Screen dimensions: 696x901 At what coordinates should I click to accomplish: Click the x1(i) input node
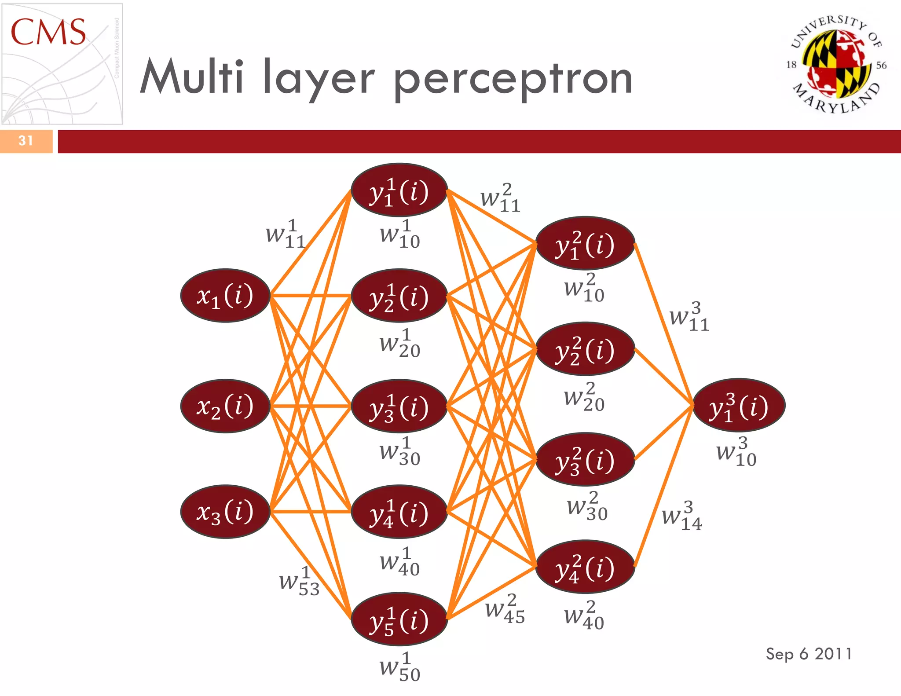(225, 295)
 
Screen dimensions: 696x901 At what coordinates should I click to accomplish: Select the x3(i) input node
(225, 512)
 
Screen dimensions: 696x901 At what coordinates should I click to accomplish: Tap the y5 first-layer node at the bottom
(399, 619)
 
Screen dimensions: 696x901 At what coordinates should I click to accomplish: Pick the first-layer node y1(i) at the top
(399, 190)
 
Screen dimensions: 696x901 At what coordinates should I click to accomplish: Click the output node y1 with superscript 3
(739, 405)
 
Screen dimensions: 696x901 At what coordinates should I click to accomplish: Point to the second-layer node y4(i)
(585, 567)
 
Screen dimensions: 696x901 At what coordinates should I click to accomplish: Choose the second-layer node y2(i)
(585, 349)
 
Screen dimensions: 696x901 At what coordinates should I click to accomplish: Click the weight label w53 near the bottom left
(299, 582)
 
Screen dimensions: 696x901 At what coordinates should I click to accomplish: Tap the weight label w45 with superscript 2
(505, 610)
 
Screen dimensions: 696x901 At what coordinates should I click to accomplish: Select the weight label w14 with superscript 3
(682, 516)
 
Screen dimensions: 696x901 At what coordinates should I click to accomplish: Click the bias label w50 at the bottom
(399, 668)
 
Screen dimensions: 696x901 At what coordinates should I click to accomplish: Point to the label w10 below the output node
(736, 452)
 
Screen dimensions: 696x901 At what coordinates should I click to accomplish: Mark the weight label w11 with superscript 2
(500, 199)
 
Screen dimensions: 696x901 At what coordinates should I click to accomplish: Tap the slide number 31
(26, 141)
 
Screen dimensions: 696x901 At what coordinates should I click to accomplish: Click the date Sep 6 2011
(809, 654)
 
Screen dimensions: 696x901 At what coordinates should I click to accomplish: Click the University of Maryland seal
(836, 64)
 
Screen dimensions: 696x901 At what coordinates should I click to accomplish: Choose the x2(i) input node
(225, 406)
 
